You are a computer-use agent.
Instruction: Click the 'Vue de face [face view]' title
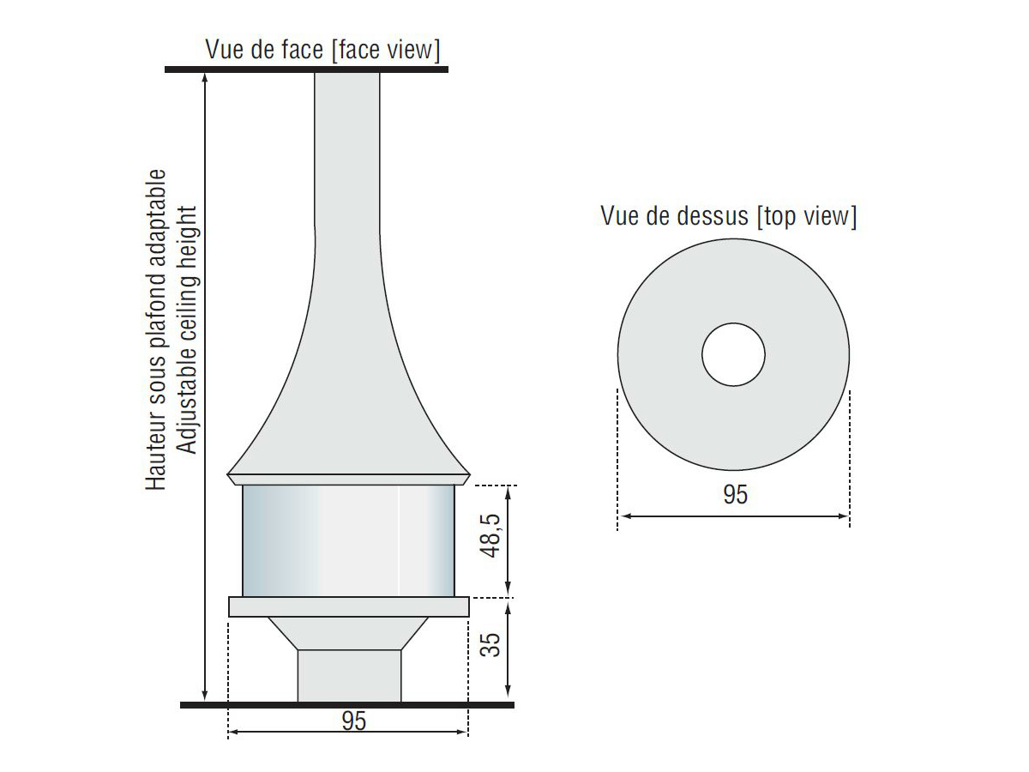[x=322, y=50]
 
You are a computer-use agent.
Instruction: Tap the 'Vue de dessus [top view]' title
[x=729, y=215]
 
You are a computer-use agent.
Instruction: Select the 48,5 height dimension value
[x=490, y=536]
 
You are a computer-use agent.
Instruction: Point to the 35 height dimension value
[x=490, y=644]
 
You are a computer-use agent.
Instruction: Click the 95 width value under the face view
[x=354, y=721]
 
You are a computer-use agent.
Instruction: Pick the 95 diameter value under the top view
[x=735, y=495]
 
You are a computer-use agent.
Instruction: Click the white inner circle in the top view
[x=734, y=355]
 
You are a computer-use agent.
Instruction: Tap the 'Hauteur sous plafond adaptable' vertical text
[x=156, y=330]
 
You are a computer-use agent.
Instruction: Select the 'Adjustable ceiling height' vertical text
[x=188, y=330]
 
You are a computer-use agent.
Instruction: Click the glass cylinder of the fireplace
[x=348, y=541]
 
